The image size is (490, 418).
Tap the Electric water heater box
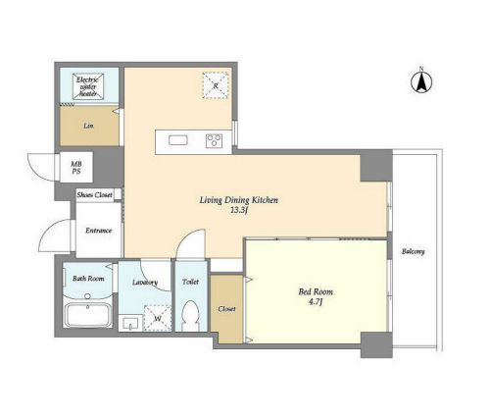[x=88, y=86]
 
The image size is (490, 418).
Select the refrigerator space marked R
[x=216, y=85]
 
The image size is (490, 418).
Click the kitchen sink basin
[x=178, y=140]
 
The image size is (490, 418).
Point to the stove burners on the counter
[x=215, y=141]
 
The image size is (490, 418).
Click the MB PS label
[x=76, y=168]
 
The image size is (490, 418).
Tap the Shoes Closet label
[x=95, y=195]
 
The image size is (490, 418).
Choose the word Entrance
[x=99, y=231]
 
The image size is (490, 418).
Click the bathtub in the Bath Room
[x=88, y=315]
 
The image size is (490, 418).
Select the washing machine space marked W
[x=158, y=318]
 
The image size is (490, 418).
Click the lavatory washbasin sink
[x=130, y=324]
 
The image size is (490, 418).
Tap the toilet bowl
[x=190, y=316]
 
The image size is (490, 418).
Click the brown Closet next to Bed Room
[x=226, y=309]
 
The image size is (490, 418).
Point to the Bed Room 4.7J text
[x=316, y=296]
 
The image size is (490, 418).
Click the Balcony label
[x=414, y=251]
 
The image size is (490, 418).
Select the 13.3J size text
[x=238, y=210]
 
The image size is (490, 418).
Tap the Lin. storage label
[x=88, y=126]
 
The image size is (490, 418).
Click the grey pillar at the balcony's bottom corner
[x=376, y=344]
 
